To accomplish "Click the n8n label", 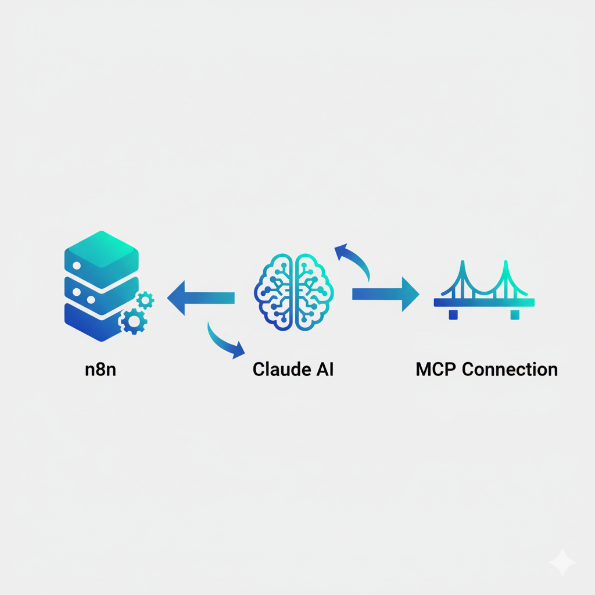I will click(x=101, y=370).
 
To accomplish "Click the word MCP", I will click(x=435, y=370).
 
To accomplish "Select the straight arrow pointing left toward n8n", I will click(x=200, y=298).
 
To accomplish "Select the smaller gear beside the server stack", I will click(x=145, y=300).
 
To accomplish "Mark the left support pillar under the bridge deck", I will click(x=453, y=314).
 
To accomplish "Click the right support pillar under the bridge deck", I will click(x=515, y=314).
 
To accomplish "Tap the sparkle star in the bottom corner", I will click(x=562, y=562).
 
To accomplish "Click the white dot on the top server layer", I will click(x=76, y=265).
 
